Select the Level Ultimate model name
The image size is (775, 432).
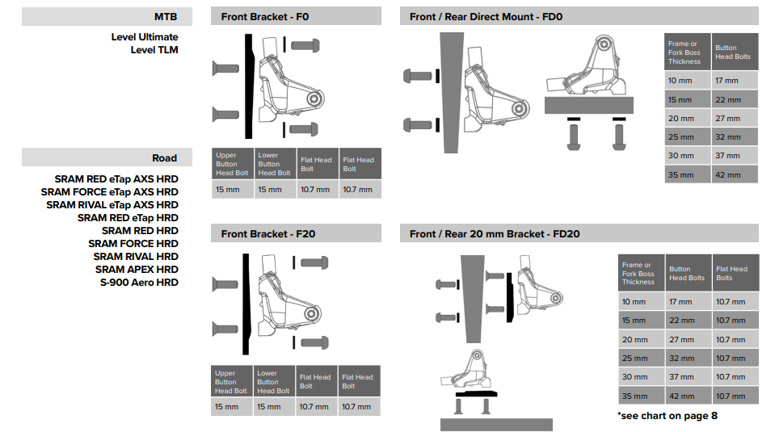pyautogui.click(x=145, y=37)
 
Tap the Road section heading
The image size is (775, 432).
pyautogui.click(x=165, y=157)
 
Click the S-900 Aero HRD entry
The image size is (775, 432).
pyautogui.click(x=139, y=282)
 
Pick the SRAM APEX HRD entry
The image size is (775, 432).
pyautogui.click(x=137, y=269)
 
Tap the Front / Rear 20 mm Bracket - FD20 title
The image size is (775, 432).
pyautogui.click(x=495, y=234)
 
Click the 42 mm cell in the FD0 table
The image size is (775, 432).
pyautogui.click(x=727, y=174)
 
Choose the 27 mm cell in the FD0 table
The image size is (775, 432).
pyautogui.click(x=727, y=119)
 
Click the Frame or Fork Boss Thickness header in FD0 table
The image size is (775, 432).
pyautogui.click(x=684, y=52)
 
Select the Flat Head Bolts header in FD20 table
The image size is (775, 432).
pyautogui.click(x=731, y=273)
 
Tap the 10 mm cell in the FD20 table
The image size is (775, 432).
pyautogui.click(x=634, y=302)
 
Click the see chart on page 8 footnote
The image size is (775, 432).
pyautogui.click(x=667, y=416)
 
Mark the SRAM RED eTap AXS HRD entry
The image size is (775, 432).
pyautogui.click(x=116, y=179)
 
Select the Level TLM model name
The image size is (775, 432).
pyautogui.click(x=154, y=50)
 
